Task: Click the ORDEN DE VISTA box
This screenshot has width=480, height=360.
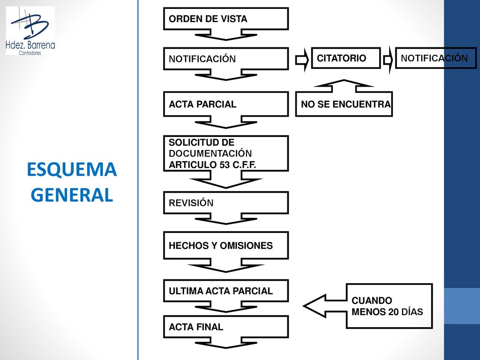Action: click(x=226, y=19)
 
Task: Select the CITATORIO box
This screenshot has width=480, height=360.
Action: click(x=346, y=58)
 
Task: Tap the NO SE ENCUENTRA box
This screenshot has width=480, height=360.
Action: click(x=344, y=104)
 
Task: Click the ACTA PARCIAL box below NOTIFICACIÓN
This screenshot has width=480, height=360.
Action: click(x=226, y=104)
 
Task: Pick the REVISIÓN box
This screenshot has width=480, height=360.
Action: click(x=226, y=202)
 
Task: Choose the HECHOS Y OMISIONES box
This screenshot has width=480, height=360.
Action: click(x=226, y=246)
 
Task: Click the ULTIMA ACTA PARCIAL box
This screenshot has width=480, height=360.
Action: click(x=226, y=291)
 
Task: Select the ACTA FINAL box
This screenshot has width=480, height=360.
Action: click(x=226, y=327)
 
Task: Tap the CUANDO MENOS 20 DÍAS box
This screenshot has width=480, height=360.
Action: click(x=389, y=306)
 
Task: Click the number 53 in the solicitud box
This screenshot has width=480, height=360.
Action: click(x=225, y=165)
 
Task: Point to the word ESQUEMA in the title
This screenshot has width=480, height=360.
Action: click(x=72, y=169)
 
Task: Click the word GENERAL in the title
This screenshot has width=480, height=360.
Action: click(x=72, y=195)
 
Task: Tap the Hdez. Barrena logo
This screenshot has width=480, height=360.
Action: click(x=30, y=30)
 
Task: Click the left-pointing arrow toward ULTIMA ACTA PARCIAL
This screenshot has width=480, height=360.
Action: click(x=324, y=306)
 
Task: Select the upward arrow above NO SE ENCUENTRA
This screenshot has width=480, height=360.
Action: click(x=344, y=86)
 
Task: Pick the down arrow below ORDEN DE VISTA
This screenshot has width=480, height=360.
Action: click(x=226, y=35)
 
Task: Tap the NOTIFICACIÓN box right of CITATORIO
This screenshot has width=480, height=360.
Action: click(x=436, y=58)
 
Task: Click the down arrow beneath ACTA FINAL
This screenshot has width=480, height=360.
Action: click(x=226, y=343)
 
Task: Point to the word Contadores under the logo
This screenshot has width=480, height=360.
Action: click(x=30, y=53)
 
